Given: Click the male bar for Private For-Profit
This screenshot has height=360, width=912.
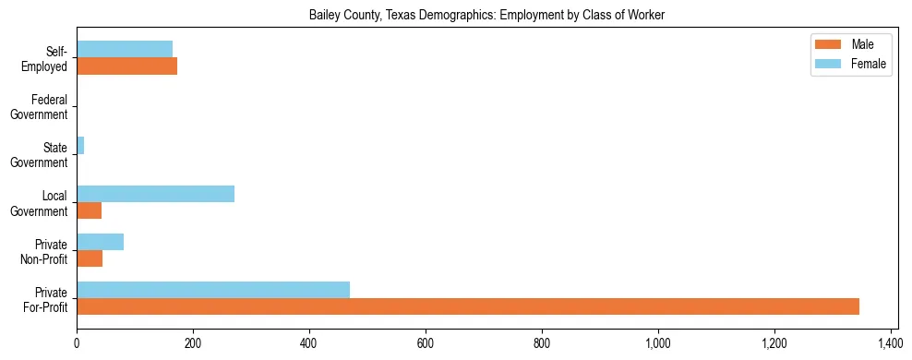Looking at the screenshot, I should click(468, 306).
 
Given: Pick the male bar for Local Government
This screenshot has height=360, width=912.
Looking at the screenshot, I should click(89, 210).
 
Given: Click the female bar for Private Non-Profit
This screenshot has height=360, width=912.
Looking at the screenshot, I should click(100, 242).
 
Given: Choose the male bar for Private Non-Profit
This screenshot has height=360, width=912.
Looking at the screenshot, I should click(90, 258).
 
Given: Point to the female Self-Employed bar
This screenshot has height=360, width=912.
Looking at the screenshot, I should click(125, 49).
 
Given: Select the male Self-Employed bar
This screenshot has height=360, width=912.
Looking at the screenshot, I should click(126, 66).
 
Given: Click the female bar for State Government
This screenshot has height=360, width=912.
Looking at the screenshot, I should click(80, 146).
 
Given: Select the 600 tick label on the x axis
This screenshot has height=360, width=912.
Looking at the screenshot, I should click(426, 342).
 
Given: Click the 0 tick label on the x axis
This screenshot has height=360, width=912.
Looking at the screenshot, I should click(77, 342).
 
